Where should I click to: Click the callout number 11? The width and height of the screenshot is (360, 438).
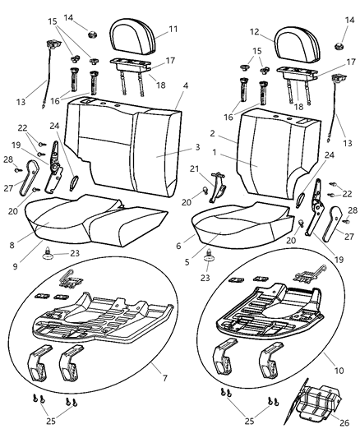(x=173, y=29)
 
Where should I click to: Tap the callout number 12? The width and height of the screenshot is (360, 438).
(x=255, y=32)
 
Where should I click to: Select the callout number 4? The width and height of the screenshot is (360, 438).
(x=186, y=85)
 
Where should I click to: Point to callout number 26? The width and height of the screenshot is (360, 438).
(x=344, y=422)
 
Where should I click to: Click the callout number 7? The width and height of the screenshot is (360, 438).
(x=165, y=378)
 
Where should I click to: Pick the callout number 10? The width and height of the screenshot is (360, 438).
(x=339, y=371)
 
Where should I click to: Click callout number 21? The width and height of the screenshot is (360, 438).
(x=195, y=168)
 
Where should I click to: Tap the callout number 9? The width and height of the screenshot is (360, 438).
(x=15, y=266)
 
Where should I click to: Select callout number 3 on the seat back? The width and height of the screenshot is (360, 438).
(x=197, y=147)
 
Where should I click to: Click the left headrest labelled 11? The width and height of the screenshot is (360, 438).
(x=132, y=36)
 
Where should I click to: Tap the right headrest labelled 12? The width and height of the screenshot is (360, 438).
(x=298, y=44)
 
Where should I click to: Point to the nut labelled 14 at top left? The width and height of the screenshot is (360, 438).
(x=91, y=35)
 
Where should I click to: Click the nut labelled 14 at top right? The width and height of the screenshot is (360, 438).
(x=338, y=46)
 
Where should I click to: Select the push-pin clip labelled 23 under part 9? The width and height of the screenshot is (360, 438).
(x=48, y=253)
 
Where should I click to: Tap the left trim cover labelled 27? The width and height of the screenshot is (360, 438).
(x=29, y=177)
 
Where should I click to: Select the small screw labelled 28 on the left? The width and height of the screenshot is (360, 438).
(x=18, y=170)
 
